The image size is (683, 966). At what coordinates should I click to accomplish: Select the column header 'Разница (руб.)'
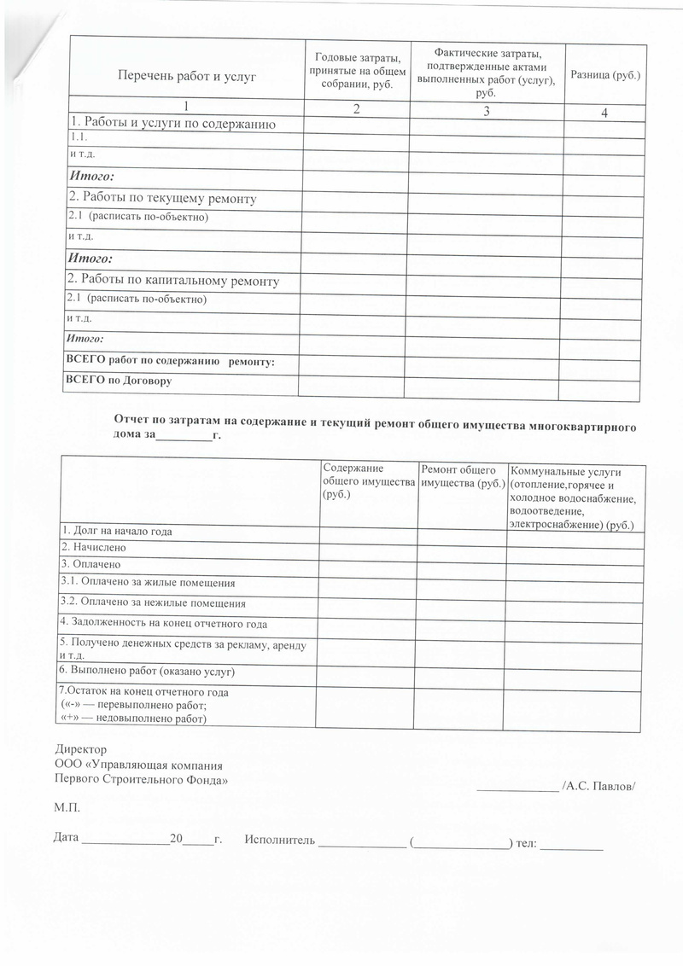coord(604,76)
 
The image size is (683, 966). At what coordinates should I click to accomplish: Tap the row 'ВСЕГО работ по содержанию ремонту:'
coord(170,362)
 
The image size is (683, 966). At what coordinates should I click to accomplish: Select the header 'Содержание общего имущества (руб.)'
coord(366,481)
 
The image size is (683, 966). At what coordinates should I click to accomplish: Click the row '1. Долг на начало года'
coord(116,532)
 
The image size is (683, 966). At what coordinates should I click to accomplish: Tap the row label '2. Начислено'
coord(93,547)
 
